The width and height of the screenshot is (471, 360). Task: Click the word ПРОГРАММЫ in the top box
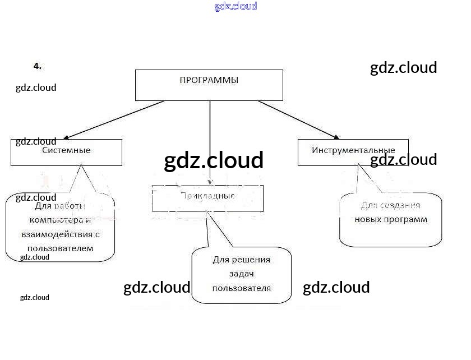pos(209,80)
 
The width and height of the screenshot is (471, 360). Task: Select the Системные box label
pos(66,150)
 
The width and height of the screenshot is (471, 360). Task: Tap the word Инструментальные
pos(353,150)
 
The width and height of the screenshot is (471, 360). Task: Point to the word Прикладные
pos(207,196)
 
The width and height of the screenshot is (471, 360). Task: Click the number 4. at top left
pos(38,66)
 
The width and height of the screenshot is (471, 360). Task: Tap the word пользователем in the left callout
pos(61,247)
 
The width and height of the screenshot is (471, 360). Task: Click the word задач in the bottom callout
pos(242,274)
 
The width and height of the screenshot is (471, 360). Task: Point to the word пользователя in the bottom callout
pos(242,288)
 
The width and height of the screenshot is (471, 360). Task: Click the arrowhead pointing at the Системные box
pos(67,137)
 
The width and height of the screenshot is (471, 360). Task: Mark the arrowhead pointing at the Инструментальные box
pos(336,137)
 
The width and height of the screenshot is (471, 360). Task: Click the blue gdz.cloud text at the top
pos(235,7)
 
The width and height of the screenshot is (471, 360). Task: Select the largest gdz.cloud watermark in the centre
pos(214,160)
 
